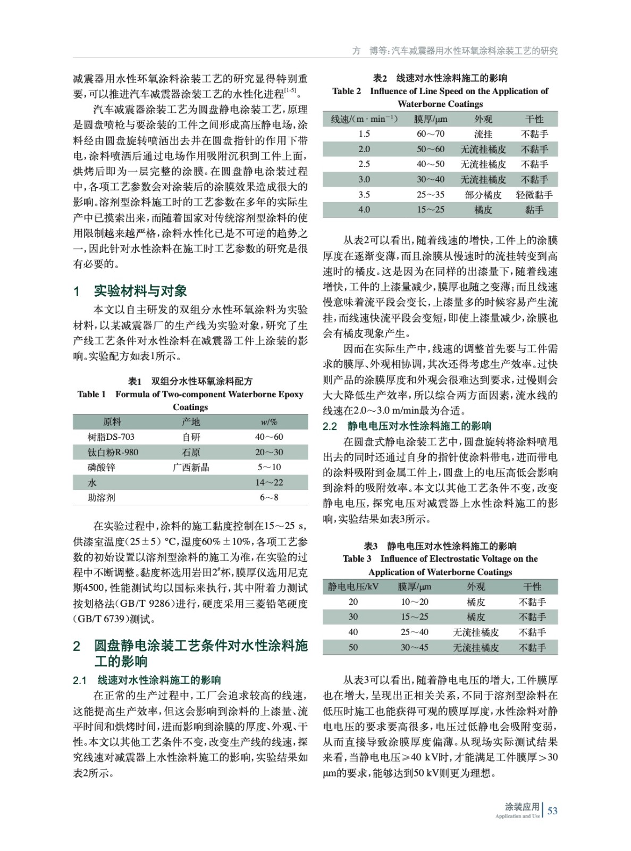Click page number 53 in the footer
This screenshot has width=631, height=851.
pos(552,811)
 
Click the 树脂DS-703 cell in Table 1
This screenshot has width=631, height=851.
pos(111,437)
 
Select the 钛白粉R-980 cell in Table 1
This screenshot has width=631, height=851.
pos(113,452)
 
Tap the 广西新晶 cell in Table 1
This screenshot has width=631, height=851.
pos(191,467)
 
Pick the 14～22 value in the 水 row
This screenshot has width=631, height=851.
pos(269,482)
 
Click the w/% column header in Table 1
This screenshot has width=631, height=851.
pos(269,422)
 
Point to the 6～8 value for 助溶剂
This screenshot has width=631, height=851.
pos(269,497)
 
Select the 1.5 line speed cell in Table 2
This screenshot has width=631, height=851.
pos(364,134)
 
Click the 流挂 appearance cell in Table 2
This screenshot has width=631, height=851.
pos(483,134)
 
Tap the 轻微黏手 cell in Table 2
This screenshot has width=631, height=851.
pos(534,195)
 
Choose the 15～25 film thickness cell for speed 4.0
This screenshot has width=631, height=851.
pos(431,210)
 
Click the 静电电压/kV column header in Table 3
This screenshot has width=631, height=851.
pos(353,587)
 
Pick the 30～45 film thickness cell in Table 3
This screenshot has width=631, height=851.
pos(415,647)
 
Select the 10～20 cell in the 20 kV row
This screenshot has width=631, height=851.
pos(415,602)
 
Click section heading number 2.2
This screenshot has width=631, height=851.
pos(330,426)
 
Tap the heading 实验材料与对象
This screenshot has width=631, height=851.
pos(140,291)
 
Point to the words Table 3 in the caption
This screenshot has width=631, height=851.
pos(357,558)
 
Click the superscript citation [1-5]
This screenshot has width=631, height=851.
pos(291,91)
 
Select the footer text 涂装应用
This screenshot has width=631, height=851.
pos(521,807)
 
